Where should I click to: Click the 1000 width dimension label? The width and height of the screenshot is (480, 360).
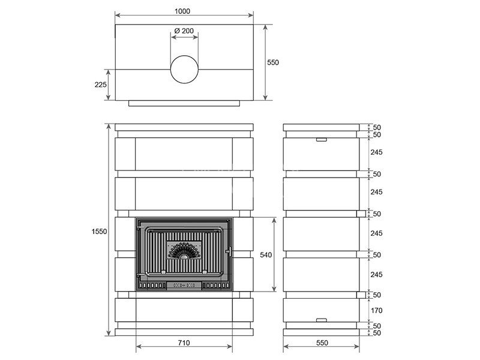[x=182, y=11]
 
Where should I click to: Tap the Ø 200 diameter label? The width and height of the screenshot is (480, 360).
[x=184, y=31]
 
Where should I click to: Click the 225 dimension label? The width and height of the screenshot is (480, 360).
[x=100, y=85]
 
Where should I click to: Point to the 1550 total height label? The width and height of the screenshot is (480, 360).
[x=100, y=232]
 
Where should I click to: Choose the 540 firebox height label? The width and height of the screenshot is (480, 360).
[x=266, y=254]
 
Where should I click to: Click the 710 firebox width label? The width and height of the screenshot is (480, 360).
[x=184, y=343]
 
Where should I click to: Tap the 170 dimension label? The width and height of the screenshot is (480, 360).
[x=377, y=310]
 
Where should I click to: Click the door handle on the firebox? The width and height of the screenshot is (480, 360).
[x=229, y=252]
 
